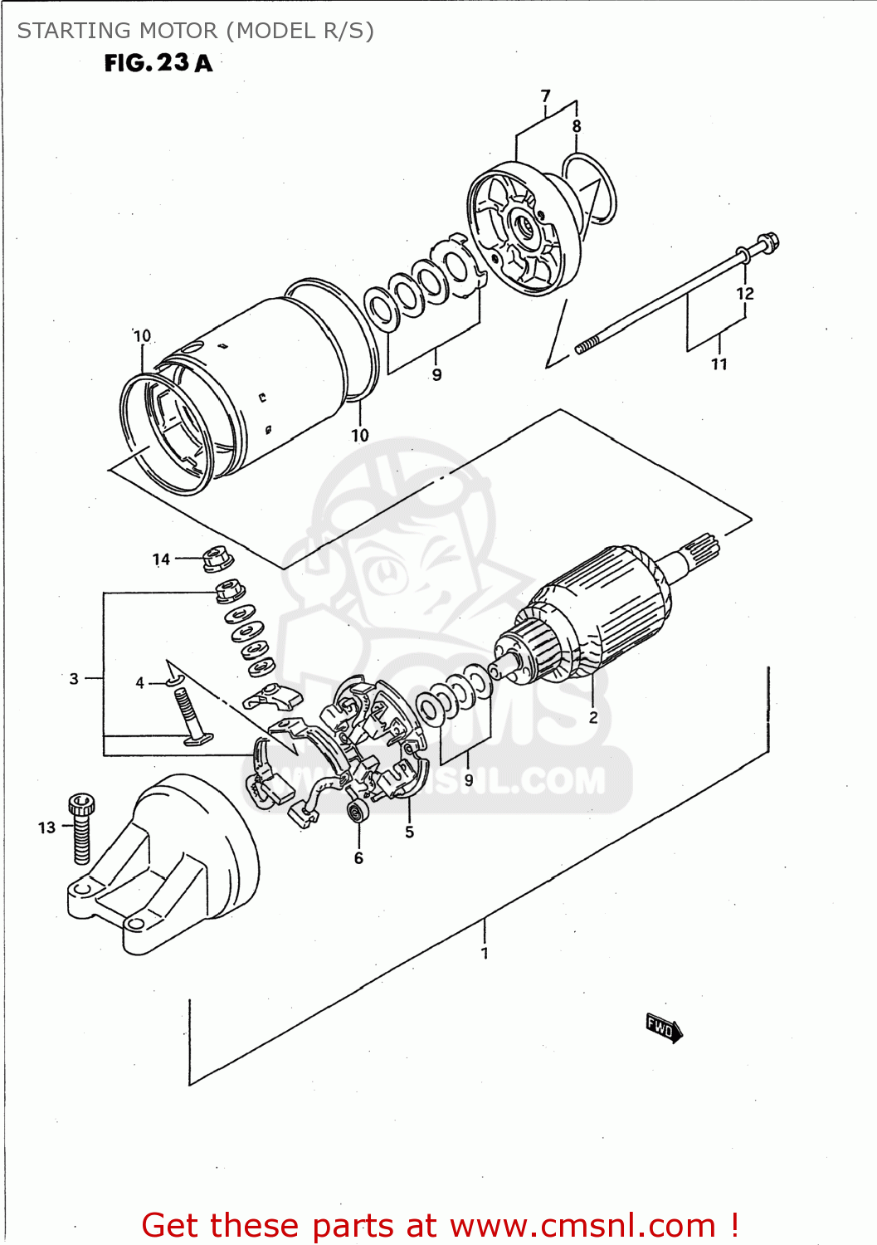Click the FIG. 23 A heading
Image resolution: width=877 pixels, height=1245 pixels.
[x=158, y=63]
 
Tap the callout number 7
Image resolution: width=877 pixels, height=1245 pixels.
[x=545, y=96]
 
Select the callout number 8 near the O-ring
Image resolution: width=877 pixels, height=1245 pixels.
[x=577, y=126]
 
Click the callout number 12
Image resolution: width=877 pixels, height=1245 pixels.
[x=744, y=294]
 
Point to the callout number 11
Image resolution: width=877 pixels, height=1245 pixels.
[x=719, y=364]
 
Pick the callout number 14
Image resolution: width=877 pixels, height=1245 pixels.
[x=161, y=559]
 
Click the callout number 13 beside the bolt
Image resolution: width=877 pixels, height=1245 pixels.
[x=46, y=828]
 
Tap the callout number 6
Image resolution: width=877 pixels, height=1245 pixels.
[x=358, y=858]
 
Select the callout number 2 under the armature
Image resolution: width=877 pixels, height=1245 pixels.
[x=593, y=718]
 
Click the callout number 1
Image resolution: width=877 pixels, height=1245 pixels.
[x=485, y=954]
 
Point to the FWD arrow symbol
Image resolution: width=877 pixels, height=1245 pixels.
[x=664, y=1028]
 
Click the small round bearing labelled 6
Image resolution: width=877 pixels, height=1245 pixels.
[x=358, y=810]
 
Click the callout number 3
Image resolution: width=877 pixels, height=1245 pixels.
[x=74, y=679]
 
